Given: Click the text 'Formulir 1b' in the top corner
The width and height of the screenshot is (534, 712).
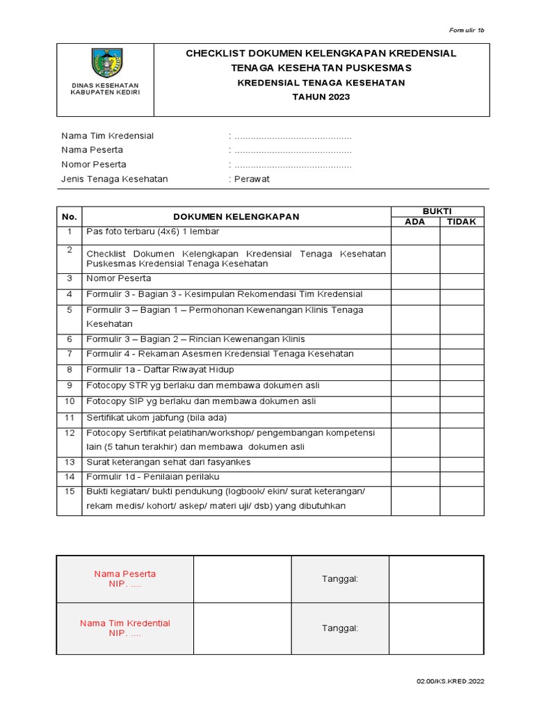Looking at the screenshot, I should coord(466,31).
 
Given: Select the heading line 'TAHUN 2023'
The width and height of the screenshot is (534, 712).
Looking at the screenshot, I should coord(321,97).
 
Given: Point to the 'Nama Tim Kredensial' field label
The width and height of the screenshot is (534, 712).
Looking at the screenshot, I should coord(108,136).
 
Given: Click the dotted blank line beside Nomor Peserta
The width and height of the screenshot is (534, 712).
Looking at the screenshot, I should coord(293,165).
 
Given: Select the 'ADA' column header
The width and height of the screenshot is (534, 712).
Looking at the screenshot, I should coord(414,222).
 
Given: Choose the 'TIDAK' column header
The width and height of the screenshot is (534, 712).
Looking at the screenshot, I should coord(461,222).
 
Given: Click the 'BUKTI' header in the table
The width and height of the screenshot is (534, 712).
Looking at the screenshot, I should coord(437,211).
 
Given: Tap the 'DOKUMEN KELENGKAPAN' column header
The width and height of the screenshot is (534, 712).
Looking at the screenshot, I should coord(236,216).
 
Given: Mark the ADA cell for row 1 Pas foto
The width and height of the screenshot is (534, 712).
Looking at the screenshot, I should coord(415,236).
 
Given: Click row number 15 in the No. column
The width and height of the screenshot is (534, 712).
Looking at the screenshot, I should coord(70,492).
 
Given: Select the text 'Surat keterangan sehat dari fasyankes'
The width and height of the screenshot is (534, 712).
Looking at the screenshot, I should coord(168,462).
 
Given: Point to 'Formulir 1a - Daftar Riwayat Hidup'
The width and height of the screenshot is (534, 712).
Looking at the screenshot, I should coord(160,369).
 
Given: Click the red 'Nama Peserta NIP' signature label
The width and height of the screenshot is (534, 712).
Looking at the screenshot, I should coord(125,579).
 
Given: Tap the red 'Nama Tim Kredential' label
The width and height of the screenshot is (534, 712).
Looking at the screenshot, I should coord(125,628).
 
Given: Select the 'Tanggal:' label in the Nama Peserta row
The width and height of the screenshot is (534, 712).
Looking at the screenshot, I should coord(339,579).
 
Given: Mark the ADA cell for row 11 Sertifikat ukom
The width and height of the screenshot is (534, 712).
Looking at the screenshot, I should coord(415,418).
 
